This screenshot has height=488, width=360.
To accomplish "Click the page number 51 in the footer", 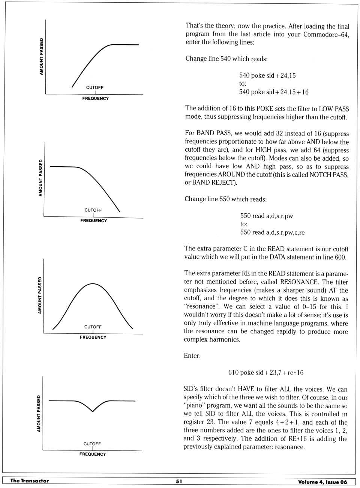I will (x=179, y=481).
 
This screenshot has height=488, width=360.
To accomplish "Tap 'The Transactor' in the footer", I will (x=30, y=481).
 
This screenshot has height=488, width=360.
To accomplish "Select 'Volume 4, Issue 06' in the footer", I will (x=322, y=482).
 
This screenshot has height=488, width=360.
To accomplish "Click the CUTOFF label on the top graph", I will (x=95, y=87).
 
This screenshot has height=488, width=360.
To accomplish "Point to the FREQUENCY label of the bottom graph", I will (x=93, y=454).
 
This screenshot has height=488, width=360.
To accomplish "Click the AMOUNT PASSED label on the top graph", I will (x=41, y=56).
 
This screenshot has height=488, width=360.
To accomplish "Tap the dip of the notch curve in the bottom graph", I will (x=93, y=411).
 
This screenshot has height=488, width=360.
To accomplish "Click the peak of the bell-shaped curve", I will (x=93, y=284).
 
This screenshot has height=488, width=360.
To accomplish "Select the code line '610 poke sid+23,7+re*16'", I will (x=266, y=373).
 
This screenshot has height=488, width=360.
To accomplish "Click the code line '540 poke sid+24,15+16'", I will (x=274, y=92).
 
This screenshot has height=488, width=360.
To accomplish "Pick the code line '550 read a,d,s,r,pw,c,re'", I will (x=273, y=232).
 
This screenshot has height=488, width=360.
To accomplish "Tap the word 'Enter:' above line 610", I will (x=192, y=356).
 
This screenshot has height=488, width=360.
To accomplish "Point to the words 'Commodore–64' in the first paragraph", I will (x=326, y=35).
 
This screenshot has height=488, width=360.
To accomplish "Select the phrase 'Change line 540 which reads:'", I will (x=226, y=59).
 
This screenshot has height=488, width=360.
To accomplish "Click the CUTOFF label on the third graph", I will (x=93, y=327).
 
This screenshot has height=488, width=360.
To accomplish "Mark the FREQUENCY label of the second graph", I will (x=93, y=221).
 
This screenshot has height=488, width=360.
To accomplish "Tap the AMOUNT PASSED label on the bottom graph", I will (x=39, y=413).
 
